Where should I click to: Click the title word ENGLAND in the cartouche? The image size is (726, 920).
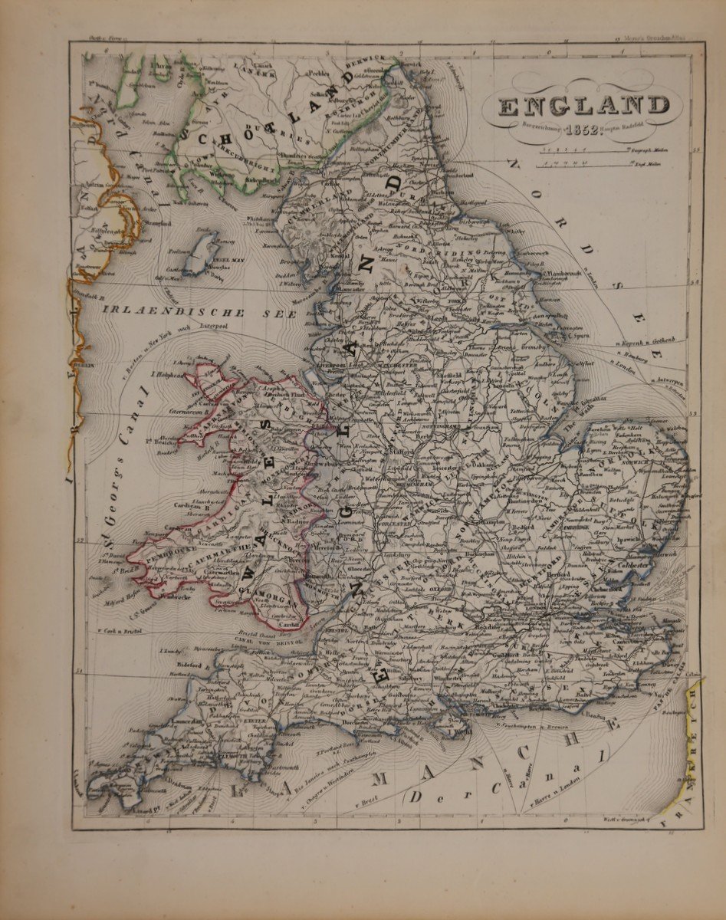pos(583,105)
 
